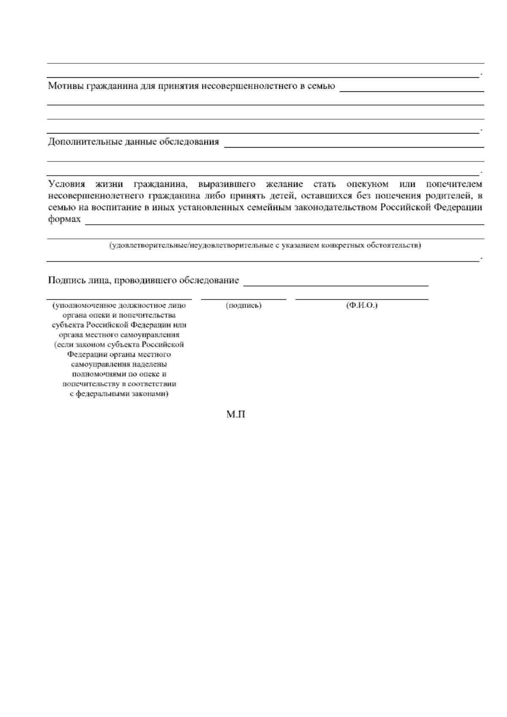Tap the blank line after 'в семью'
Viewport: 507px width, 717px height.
(x=412, y=90)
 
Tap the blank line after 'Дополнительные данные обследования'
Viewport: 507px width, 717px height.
(x=354, y=145)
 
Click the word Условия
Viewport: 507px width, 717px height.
(x=66, y=184)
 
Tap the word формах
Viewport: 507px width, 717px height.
(x=64, y=219)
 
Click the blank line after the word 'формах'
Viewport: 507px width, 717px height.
(x=284, y=223)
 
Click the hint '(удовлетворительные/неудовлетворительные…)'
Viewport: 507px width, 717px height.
(x=265, y=246)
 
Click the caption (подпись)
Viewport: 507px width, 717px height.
(x=244, y=305)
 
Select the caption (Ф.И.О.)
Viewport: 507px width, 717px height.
(x=362, y=305)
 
